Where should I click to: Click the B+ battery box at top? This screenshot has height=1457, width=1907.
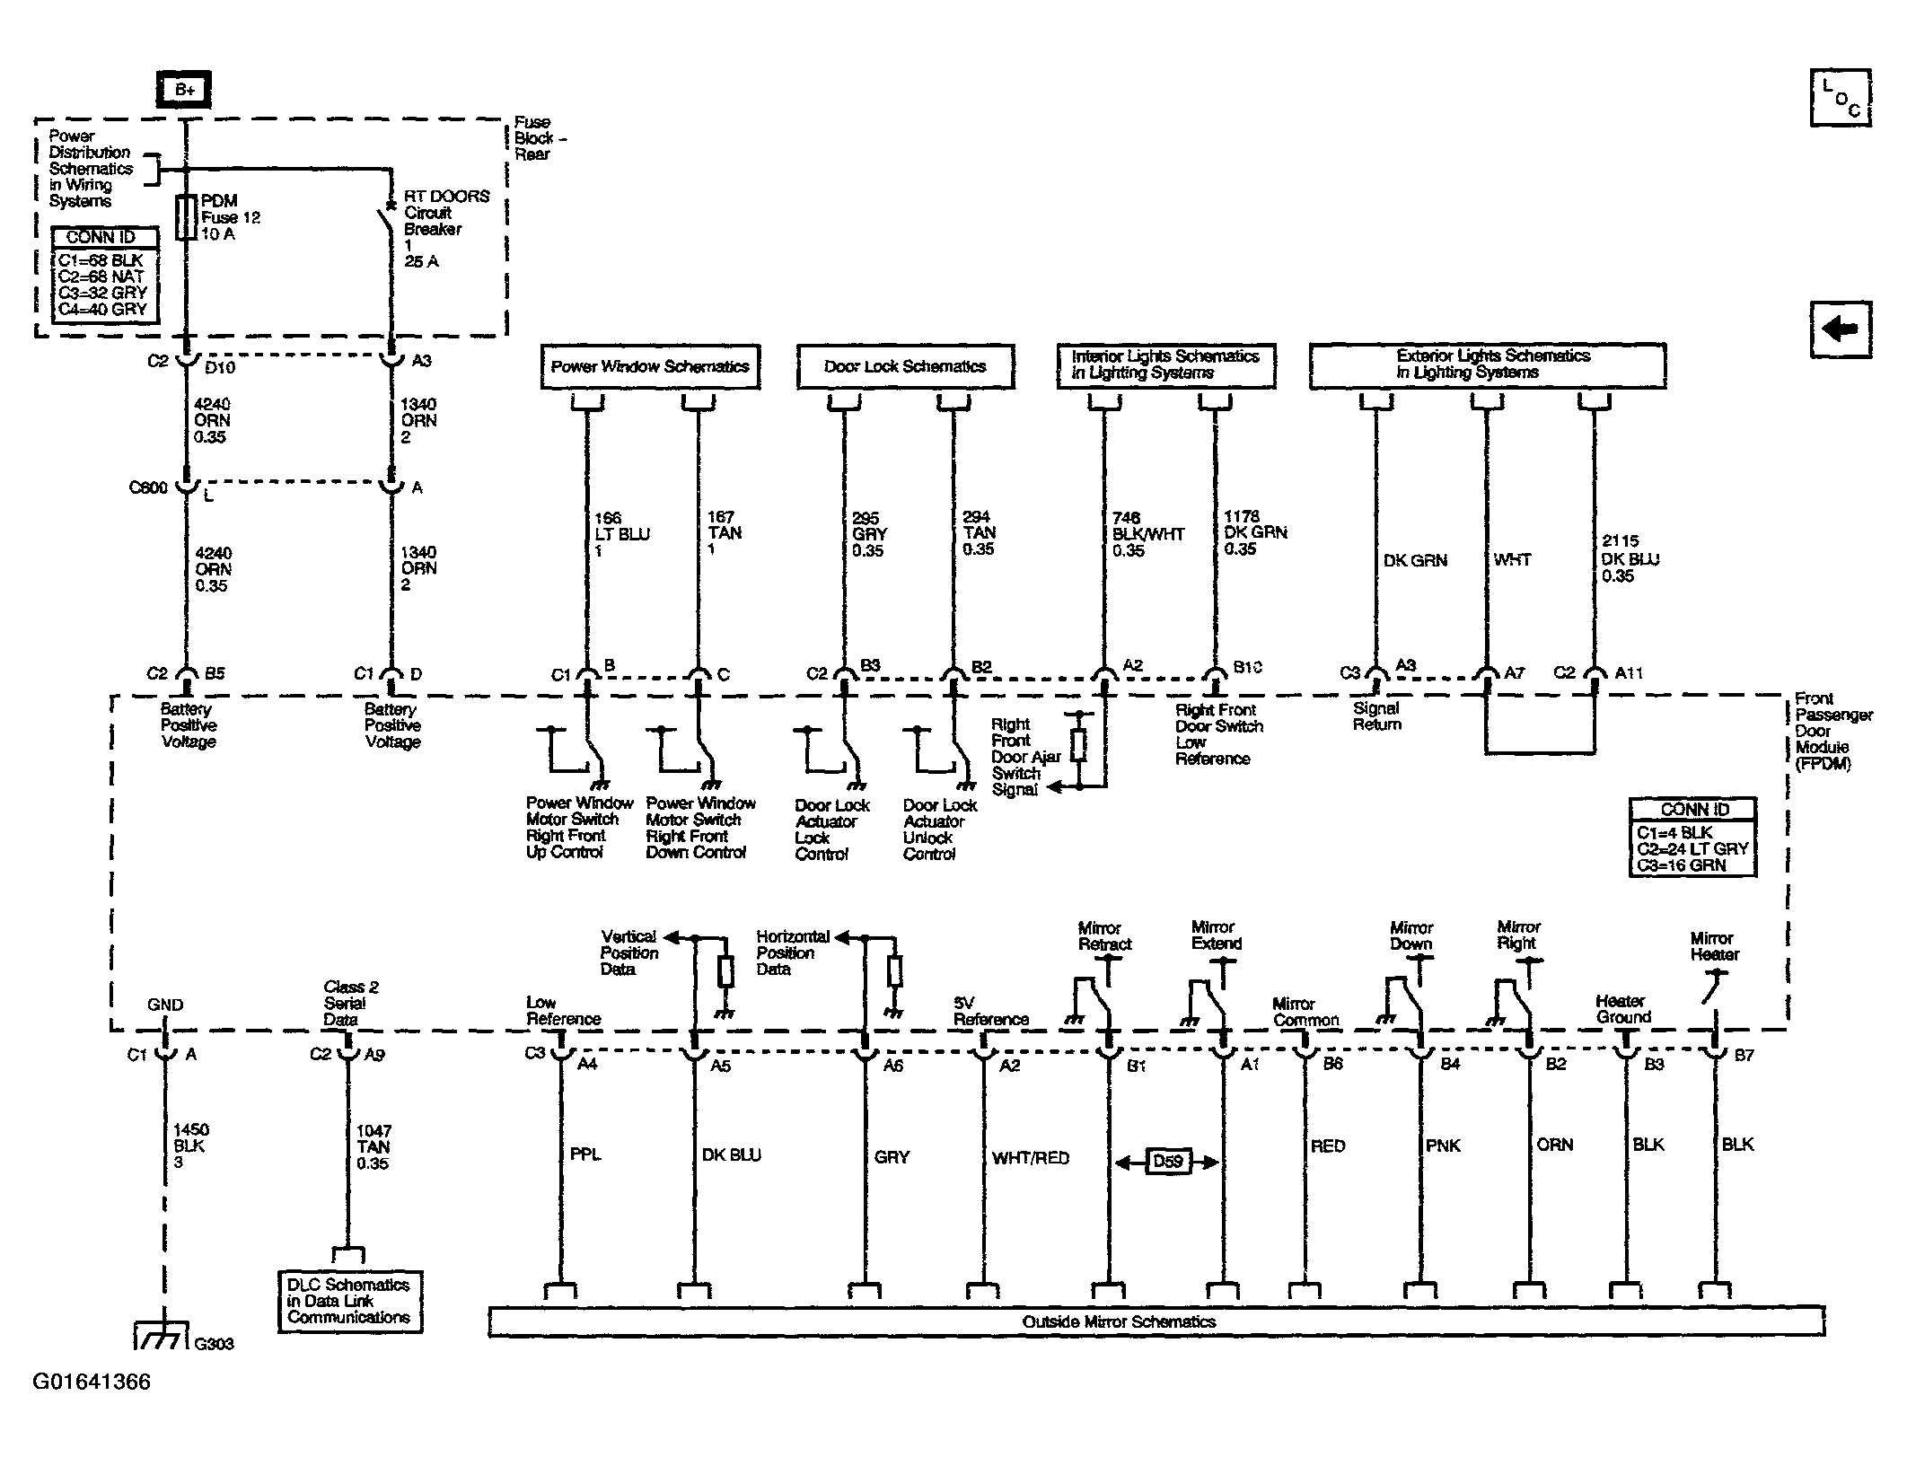click(184, 90)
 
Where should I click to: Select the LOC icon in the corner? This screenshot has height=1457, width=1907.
click(1840, 97)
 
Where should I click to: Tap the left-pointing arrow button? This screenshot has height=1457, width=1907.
click(1840, 329)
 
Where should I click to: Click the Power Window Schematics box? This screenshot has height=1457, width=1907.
click(650, 366)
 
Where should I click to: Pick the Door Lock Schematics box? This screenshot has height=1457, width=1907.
click(905, 366)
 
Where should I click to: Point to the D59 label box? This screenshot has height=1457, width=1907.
click(1167, 1162)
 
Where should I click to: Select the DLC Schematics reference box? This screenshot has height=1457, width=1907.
click(349, 1301)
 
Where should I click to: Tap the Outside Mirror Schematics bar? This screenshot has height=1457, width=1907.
click(1156, 1321)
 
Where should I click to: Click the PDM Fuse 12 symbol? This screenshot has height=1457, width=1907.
click(186, 217)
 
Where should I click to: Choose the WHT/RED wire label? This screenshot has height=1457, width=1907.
click(1031, 1158)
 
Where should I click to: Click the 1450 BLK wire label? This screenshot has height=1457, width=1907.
click(190, 1146)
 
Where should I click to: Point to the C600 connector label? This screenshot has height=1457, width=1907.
click(148, 487)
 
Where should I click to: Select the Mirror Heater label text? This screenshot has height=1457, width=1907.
click(1714, 946)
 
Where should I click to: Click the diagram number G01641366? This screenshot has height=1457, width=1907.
click(92, 1382)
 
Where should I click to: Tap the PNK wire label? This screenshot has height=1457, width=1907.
click(1443, 1145)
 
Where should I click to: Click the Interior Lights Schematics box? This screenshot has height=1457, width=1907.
click(1165, 365)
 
